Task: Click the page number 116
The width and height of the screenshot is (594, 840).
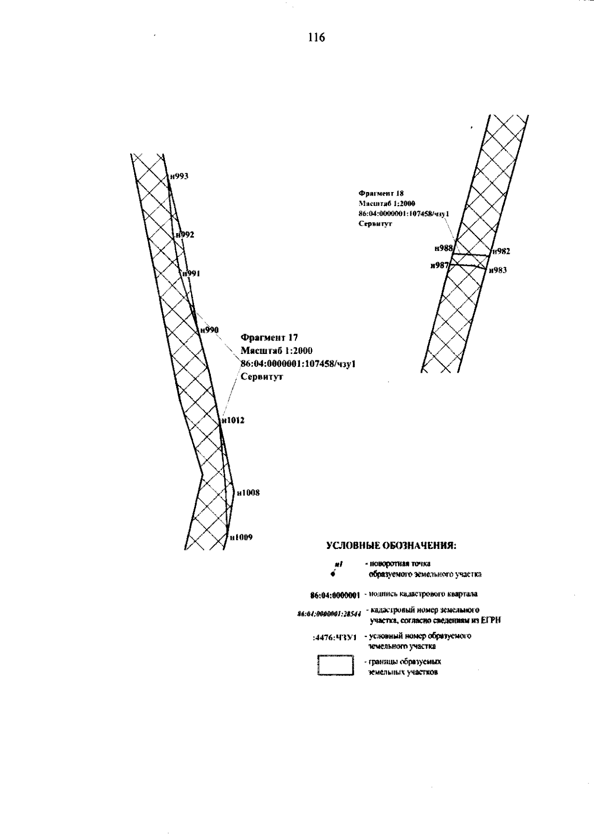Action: [x=316, y=38]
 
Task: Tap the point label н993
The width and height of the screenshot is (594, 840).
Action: [x=179, y=176]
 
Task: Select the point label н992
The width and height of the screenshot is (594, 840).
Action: [x=185, y=235]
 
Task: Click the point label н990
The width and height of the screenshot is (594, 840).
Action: [x=209, y=330]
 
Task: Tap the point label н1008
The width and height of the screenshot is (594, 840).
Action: [x=248, y=493]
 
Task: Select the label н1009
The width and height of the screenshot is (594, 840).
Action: [x=241, y=537]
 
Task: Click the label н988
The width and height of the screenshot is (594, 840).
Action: [x=444, y=248]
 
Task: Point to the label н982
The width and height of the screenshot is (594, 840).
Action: [x=501, y=251]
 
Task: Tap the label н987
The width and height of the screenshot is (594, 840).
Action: [x=440, y=266]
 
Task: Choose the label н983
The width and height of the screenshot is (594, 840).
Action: [x=497, y=270]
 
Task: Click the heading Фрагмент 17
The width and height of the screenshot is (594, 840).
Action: [x=269, y=338]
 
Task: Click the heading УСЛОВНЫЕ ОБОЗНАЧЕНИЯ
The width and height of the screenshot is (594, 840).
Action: [x=391, y=546]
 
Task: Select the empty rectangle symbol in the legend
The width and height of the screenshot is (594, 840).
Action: [x=335, y=665]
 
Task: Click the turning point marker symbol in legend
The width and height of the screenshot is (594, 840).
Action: [x=334, y=573]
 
